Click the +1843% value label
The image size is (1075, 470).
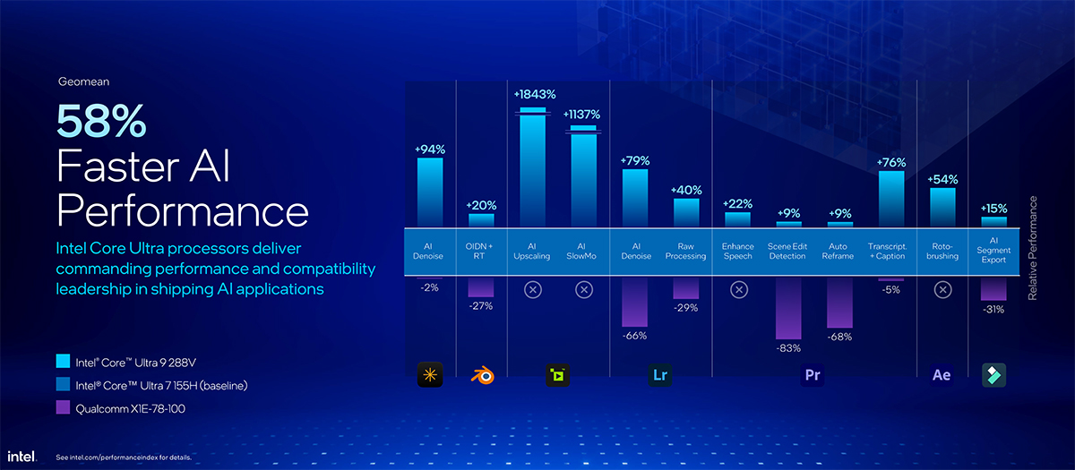(535, 94)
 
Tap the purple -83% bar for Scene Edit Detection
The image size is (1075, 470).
(789, 308)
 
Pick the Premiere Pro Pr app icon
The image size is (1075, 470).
(813, 375)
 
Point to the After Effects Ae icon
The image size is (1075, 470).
(942, 375)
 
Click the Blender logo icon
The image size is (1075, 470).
(482, 375)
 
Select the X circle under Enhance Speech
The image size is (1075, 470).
(738, 289)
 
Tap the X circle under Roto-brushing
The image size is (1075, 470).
(942, 289)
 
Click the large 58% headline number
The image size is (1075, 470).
(100, 121)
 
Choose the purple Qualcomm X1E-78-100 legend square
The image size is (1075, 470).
(63, 407)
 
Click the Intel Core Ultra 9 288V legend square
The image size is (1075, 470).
(63, 363)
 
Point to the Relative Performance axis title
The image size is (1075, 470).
(1032, 248)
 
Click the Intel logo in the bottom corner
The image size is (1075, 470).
(23, 456)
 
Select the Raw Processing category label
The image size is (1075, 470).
(686, 251)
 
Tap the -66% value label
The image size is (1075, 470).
(634, 336)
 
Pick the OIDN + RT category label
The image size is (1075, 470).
(482, 251)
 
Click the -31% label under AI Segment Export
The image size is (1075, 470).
(993, 309)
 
